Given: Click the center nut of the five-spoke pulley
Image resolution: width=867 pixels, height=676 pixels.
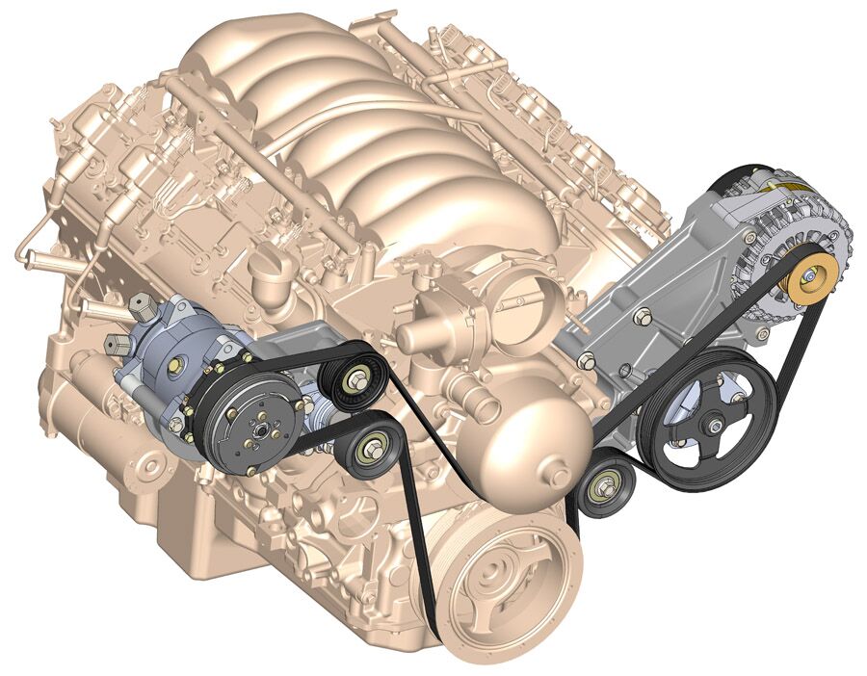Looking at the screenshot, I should [x=713, y=422].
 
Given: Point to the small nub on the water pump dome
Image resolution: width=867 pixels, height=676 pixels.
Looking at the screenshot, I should [x=558, y=473].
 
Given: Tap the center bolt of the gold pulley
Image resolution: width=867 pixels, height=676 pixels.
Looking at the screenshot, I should [x=809, y=278].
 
